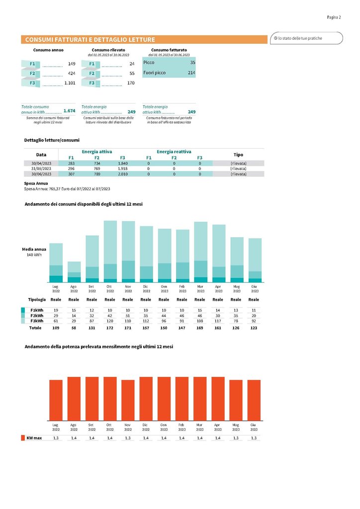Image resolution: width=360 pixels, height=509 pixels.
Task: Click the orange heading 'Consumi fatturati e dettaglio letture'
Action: click(90, 40)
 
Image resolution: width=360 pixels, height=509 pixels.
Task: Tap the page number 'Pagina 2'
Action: click(334, 17)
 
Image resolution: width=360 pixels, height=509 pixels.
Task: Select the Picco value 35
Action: click(192, 63)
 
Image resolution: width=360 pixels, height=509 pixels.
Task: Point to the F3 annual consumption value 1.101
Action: click(70, 83)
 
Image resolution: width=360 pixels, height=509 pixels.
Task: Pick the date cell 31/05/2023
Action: click(41, 169)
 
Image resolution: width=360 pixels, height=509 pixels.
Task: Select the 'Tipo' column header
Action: click(238, 155)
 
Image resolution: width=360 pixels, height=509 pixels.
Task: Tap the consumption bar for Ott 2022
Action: click(110, 251)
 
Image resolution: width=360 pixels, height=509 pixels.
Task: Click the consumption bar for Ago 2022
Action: click(74, 272)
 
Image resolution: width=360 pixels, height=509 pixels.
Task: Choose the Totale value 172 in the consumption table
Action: click(110, 329)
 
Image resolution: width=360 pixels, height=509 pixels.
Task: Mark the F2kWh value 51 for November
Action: click(128, 316)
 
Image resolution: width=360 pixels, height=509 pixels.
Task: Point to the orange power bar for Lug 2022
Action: click(56, 400)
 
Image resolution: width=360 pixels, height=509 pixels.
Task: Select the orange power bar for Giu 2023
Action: click(254, 400)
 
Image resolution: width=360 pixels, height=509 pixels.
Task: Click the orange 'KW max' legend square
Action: click(23, 438)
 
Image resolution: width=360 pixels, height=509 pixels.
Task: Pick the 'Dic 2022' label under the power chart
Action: click(146, 426)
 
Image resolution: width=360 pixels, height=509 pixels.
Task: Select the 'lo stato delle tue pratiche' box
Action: click(306, 38)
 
